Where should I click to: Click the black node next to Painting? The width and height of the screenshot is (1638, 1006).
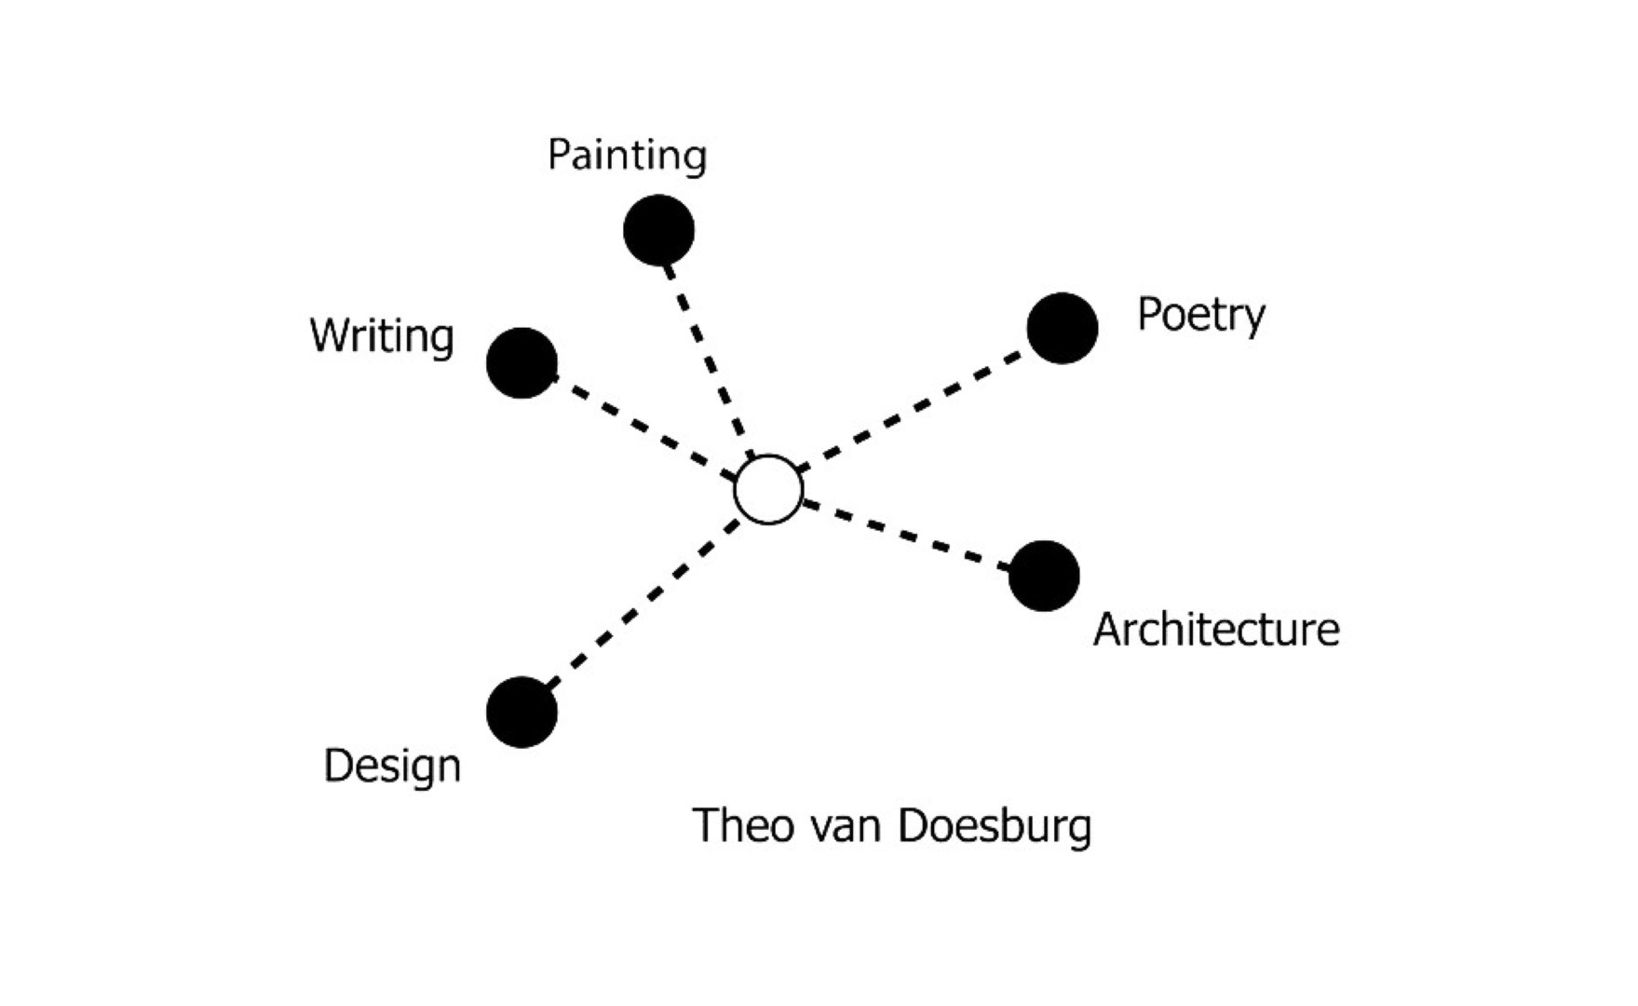(x=658, y=230)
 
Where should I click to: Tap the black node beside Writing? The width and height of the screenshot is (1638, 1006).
(x=521, y=362)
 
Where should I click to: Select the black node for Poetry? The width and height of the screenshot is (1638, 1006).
(x=1063, y=328)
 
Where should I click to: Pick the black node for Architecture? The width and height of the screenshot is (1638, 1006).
(x=1044, y=576)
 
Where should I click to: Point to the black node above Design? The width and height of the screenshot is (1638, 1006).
(x=521, y=712)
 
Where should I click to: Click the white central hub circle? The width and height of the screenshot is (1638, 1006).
(x=768, y=490)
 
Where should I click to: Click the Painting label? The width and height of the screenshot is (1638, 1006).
(x=627, y=156)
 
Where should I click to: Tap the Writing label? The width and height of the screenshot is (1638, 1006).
(x=382, y=336)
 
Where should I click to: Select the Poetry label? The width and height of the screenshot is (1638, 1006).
(x=1201, y=316)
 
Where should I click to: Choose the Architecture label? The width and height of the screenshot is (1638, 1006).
(x=1216, y=630)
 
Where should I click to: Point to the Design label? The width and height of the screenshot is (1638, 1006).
(x=392, y=767)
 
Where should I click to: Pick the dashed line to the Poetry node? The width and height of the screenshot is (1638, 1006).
(x=911, y=410)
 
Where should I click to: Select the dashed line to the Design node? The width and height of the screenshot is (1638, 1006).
(x=643, y=605)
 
